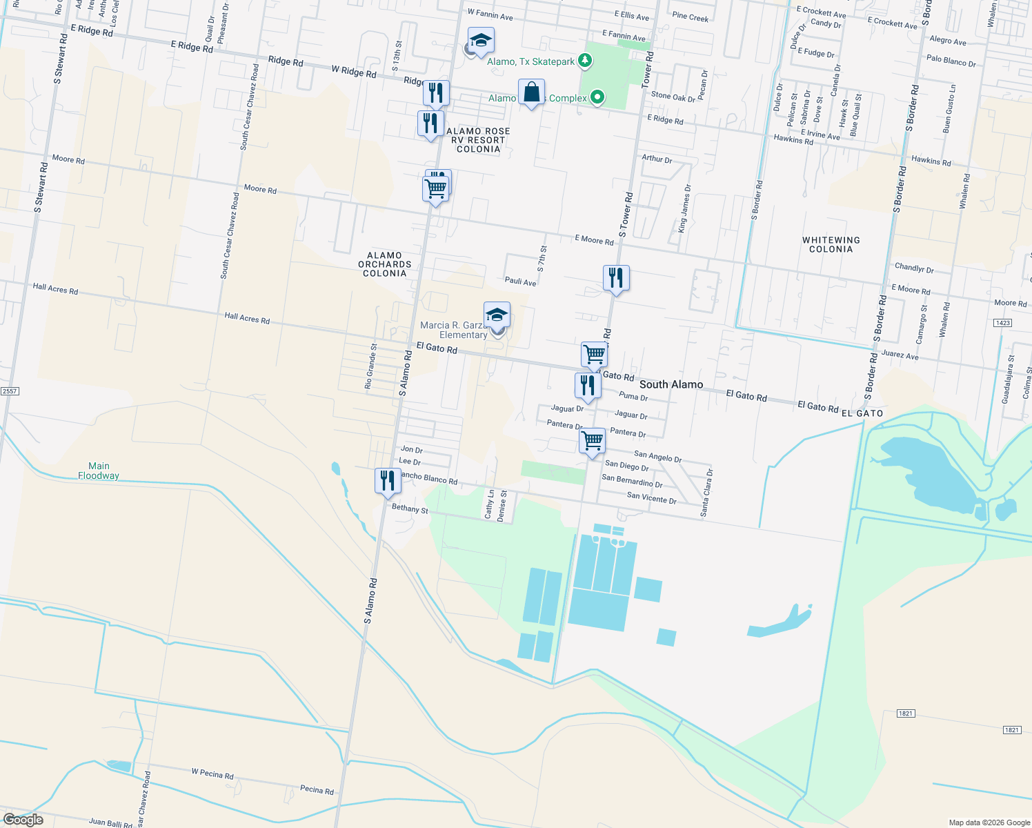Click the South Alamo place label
(x=671, y=384)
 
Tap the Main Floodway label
(x=99, y=471)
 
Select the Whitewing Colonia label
(x=831, y=245)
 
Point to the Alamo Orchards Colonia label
(x=384, y=264)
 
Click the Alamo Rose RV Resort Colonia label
(x=478, y=140)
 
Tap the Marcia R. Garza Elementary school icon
(x=497, y=316)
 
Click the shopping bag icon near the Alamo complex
(x=531, y=92)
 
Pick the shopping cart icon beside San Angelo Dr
(x=593, y=441)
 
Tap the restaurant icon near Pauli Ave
(x=616, y=278)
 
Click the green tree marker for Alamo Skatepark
(x=585, y=61)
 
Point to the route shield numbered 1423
(x=1002, y=323)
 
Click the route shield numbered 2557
(x=9, y=391)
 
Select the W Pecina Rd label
(x=212, y=773)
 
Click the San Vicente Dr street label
(x=651, y=497)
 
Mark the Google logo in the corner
(x=23, y=819)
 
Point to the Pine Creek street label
(x=690, y=17)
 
